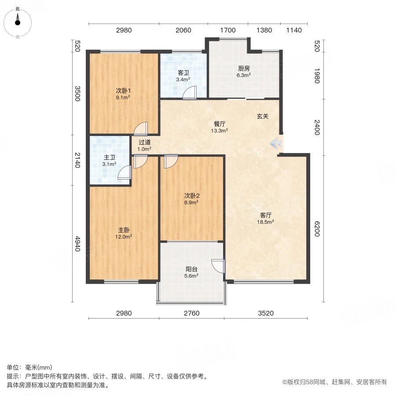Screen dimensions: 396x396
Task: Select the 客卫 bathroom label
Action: coord(183,73)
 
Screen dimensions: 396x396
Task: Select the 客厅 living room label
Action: coord(266,216)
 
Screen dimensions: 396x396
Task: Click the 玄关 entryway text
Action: coord(263,116)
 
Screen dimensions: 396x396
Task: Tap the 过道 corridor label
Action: coord(145,143)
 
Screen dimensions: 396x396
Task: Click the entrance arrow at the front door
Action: coord(277,142)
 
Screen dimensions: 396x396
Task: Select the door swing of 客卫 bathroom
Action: coord(190,93)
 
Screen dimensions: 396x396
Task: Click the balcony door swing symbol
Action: coord(218,266)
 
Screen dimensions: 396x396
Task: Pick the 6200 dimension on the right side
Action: coord(315,228)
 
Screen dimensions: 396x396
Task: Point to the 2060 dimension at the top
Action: coord(183,30)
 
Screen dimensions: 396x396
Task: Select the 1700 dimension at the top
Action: coord(228,30)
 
